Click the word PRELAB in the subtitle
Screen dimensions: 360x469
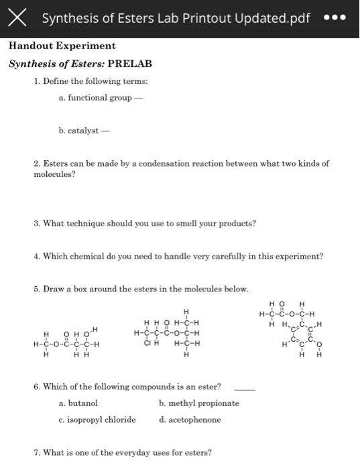point(129,64)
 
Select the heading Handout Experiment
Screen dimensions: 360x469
point(62,46)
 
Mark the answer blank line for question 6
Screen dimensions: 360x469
point(245,389)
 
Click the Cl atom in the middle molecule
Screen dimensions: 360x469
point(148,345)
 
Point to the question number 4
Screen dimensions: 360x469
point(36,256)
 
